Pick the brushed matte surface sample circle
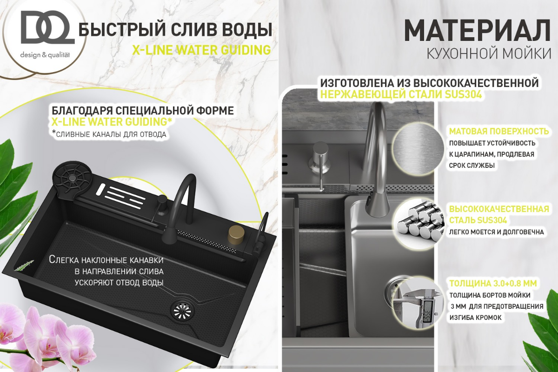coord(418,149)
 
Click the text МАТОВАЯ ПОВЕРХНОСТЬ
coord(499,131)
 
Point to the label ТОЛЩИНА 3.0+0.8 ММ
coord(493,283)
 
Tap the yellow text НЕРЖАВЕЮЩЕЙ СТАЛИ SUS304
coord(401,94)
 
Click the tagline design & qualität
coord(45,55)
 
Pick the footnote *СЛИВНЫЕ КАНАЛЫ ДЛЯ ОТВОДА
coord(109,134)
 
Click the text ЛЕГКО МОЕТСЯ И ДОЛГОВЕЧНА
coord(496,232)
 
